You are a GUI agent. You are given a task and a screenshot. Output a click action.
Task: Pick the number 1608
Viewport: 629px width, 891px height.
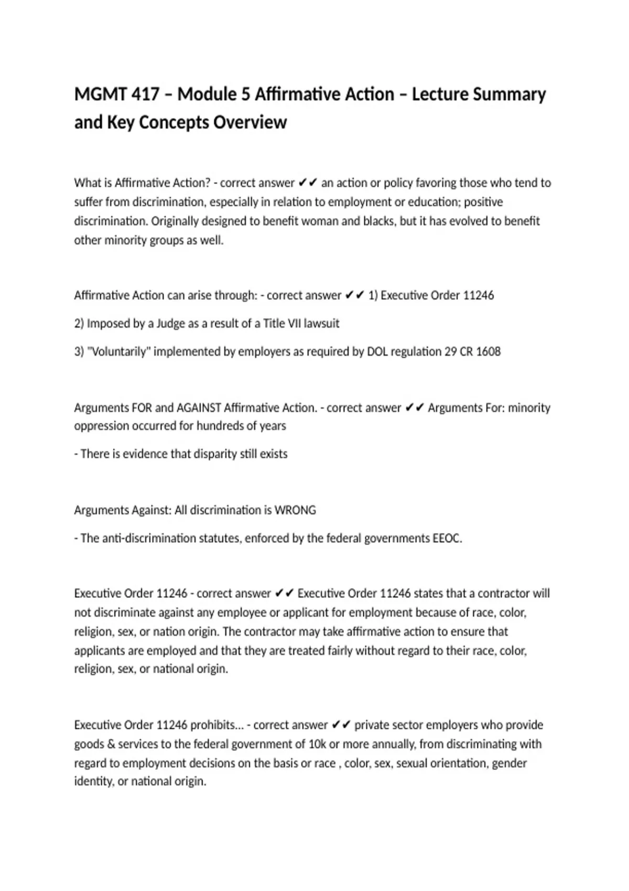(488, 351)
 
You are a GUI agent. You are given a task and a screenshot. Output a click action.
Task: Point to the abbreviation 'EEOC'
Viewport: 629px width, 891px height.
(447, 538)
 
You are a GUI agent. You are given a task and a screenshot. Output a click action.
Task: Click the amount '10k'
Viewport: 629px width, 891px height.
(318, 744)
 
